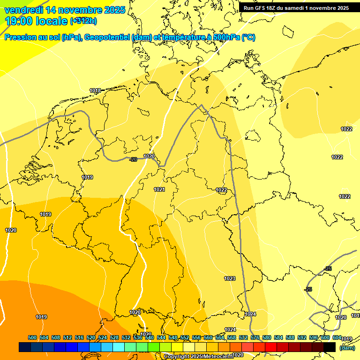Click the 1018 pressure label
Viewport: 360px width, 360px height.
(95, 90)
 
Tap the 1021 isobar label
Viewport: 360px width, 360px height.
(159, 189)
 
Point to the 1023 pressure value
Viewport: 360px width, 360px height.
(230, 278)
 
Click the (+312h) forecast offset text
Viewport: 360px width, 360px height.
(83, 21)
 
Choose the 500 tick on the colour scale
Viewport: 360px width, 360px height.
(32, 337)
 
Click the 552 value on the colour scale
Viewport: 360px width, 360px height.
(185, 337)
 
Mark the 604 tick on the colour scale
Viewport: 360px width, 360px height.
(337, 337)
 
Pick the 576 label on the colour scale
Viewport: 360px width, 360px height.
(255, 337)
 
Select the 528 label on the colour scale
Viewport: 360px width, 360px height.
(114, 337)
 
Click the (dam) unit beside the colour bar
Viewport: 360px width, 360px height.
(347, 348)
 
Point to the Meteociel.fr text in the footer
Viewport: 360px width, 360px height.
(219, 357)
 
